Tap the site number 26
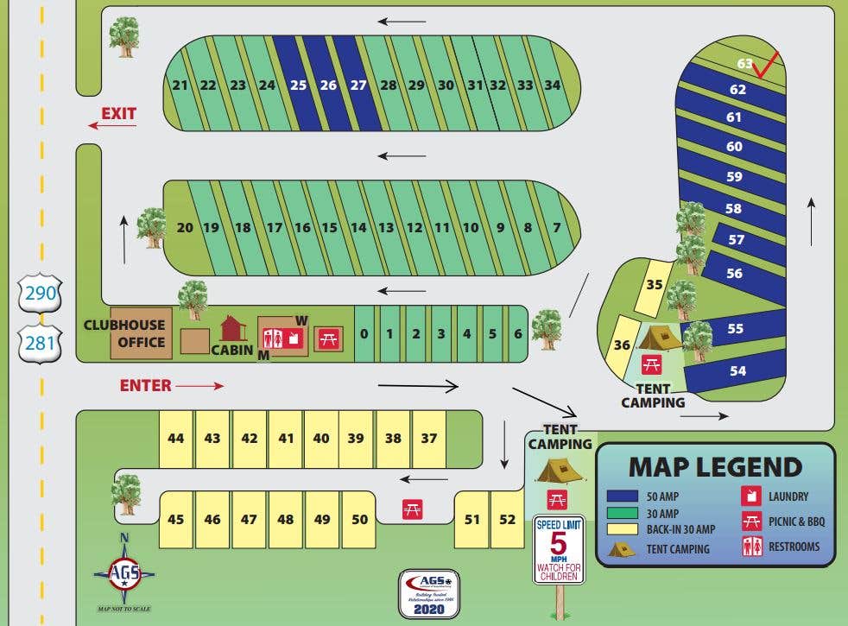328,85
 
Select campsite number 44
176,439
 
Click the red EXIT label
118,114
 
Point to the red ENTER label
145,386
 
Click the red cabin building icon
233,328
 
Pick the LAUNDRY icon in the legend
752,496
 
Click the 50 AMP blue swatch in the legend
622,496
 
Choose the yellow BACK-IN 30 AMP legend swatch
622,528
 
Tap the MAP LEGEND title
715,467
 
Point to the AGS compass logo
124,572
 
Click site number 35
655,285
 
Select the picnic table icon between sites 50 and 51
412,510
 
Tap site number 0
364,334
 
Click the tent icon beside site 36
660,336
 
